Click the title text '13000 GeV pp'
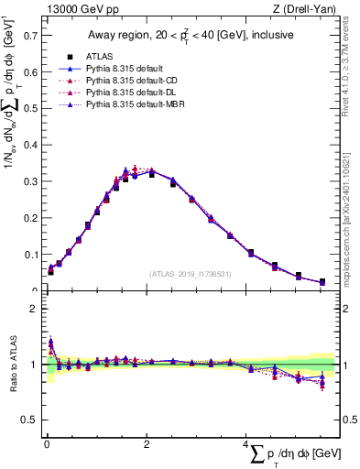[x=77, y=9]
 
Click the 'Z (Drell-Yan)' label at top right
[x=308, y=9]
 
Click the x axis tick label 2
[x=147, y=444]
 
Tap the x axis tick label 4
[x=245, y=444]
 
